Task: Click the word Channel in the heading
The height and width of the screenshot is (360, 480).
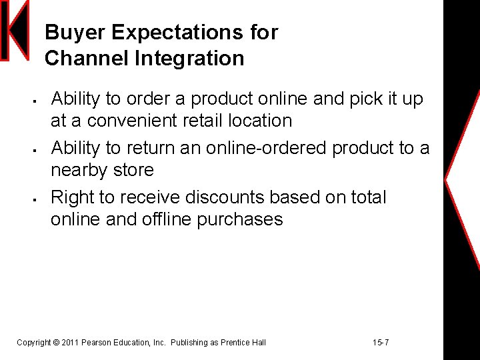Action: pyautogui.click(x=87, y=59)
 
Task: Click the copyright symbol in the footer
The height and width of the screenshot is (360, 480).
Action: pyautogui.click(x=55, y=343)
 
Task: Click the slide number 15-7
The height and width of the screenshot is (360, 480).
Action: pyautogui.click(x=381, y=343)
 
